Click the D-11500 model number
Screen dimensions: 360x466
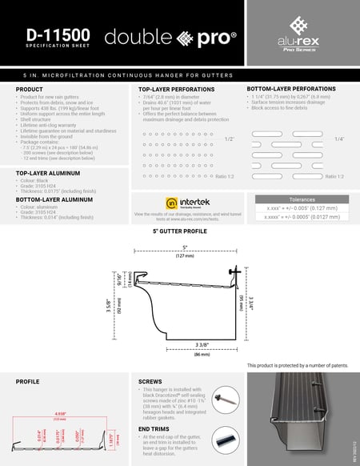[58, 35]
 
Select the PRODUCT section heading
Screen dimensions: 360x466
[30, 89]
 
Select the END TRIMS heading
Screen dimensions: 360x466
[154, 429]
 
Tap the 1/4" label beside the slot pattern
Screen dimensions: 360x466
[338, 139]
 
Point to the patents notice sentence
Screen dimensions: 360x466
[298, 365]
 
